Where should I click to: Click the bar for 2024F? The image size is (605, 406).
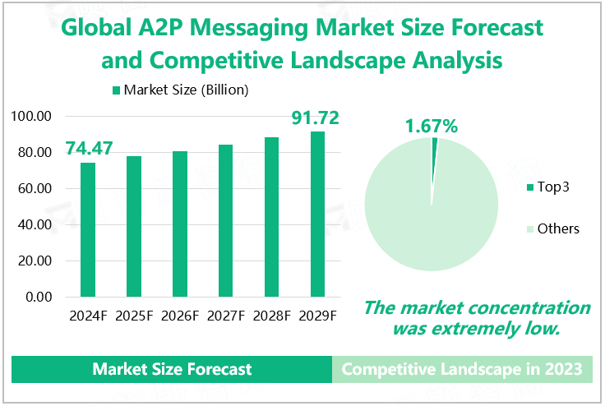(88, 229)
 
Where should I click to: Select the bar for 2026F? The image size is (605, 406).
(180, 224)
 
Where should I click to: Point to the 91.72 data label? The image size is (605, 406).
(316, 118)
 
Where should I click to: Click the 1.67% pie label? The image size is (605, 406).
(431, 127)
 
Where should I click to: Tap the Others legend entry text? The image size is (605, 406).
(558, 228)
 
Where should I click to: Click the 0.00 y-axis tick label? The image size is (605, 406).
(39, 297)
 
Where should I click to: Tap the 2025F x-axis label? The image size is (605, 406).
(134, 316)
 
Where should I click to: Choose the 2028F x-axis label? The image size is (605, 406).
(271, 316)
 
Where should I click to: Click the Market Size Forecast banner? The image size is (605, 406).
(172, 369)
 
